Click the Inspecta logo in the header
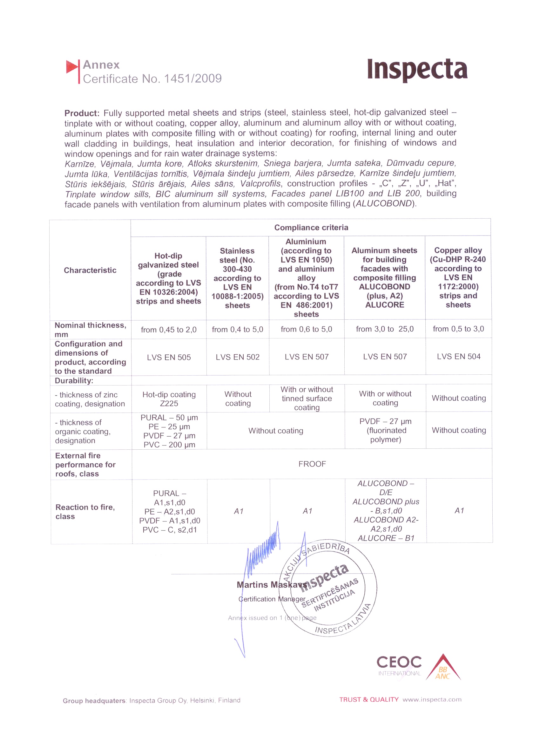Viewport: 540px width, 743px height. [417, 70]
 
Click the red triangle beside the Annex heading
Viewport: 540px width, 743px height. [72, 67]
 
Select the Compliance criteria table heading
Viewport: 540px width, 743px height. [311, 228]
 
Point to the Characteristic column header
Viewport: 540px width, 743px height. [90, 270]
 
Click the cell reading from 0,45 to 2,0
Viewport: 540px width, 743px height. [169, 330]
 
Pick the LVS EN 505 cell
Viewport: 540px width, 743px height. [169, 358]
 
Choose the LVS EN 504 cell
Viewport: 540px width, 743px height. [458, 357]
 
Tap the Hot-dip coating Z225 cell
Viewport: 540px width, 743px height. [169, 399]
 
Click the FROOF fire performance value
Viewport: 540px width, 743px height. [312, 464]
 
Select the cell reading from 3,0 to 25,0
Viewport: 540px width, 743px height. [384, 329]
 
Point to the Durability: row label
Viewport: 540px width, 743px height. [74, 381]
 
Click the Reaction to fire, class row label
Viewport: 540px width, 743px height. [85, 512]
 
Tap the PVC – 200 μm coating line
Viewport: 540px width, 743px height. [169, 445]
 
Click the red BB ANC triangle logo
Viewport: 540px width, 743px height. [443, 669]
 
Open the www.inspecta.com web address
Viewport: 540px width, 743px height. [432, 700]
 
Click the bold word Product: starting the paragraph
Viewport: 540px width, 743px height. [82, 113]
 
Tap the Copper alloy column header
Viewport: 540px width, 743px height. [458, 277]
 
